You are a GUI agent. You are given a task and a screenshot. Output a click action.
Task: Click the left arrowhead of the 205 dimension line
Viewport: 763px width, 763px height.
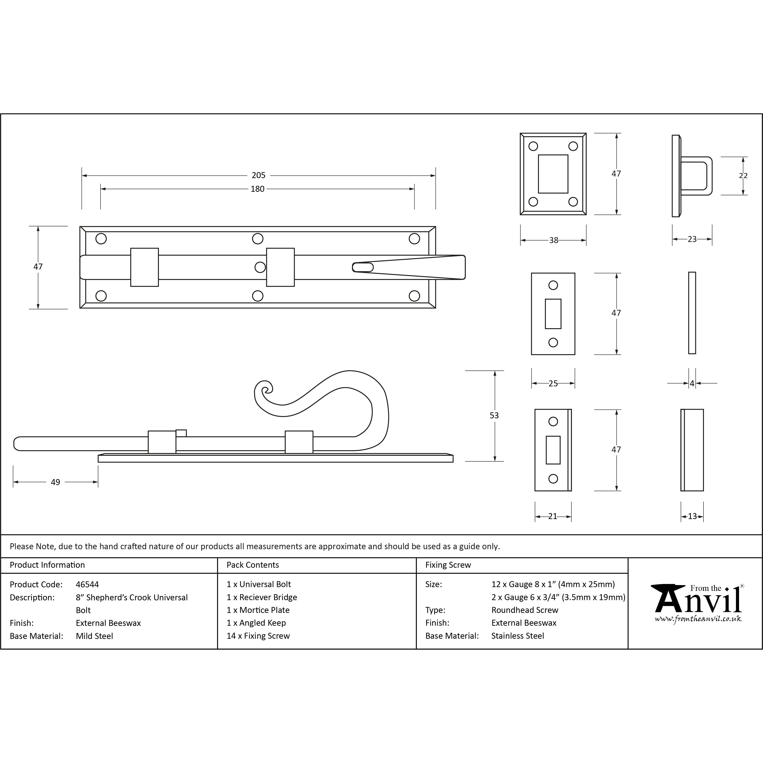pyautogui.click(x=84, y=175)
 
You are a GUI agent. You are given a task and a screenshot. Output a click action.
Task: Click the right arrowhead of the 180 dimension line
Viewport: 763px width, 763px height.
pyautogui.click(x=412, y=189)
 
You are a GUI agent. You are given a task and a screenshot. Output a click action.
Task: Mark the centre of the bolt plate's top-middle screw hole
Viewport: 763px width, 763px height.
pyautogui.click(x=257, y=238)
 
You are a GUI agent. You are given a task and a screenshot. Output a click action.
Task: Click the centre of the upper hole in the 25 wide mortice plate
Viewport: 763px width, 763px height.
pyautogui.click(x=553, y=285)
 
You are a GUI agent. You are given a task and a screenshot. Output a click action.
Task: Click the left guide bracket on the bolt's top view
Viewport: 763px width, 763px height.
pyautogui.click(x=145, y=267)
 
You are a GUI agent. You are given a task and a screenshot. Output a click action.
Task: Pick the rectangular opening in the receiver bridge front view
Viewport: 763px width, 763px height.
pyautogui.click(x=553, y=174)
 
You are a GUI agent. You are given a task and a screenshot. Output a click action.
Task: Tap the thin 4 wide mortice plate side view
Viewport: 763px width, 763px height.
pyautogui.click(x=692, y=313)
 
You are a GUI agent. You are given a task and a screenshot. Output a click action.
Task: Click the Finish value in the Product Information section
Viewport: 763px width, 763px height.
pyautogui.click(x=108, y=623)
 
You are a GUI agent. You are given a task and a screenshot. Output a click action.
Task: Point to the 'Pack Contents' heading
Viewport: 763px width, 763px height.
pyautogui.click(x=253, y=565)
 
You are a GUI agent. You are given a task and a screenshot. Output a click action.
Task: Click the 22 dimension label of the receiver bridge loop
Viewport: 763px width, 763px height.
pyautogui.click(x=743, y=175)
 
